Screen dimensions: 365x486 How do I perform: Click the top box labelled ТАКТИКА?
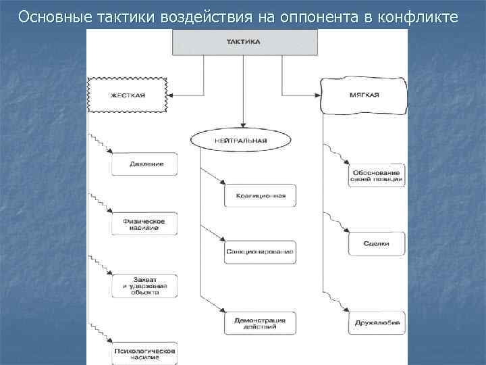[245, 42]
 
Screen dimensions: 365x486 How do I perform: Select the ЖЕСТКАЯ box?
[128, 95]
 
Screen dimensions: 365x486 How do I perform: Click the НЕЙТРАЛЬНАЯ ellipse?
[241, 140]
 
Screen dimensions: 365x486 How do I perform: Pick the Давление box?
[144, 164]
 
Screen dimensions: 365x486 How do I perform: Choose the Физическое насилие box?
[144, 223]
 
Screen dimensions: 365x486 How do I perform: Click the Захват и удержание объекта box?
[144, 286]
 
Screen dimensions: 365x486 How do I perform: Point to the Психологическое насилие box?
[144, 353]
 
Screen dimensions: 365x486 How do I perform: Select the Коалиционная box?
[261, 195]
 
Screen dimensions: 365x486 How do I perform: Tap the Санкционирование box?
[261, 251]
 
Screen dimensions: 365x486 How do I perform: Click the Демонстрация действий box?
[261, 323]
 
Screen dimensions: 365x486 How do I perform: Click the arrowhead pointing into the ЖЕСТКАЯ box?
[171, 95]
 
